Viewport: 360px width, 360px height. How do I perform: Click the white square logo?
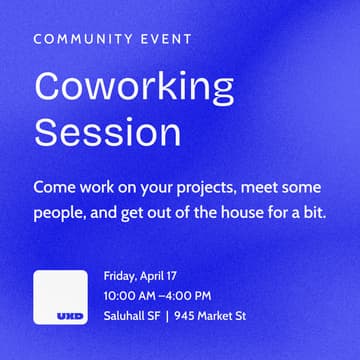(x=63, y=297)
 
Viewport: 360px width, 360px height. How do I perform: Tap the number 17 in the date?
(x=178, y=276)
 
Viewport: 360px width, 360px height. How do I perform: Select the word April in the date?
(x=154, y=276)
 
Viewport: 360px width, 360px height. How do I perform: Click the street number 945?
(x=183, y=316)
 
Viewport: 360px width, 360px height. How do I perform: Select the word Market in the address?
(x=215, y=316)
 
